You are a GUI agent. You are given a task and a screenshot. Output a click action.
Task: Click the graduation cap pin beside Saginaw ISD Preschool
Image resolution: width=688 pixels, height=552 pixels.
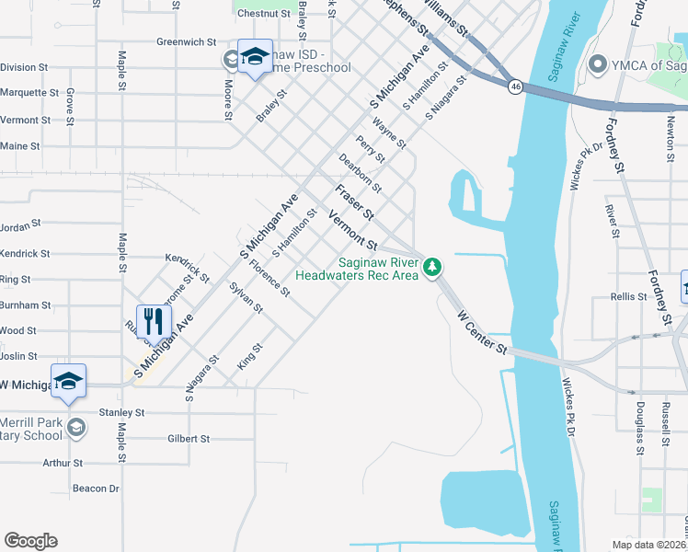254,57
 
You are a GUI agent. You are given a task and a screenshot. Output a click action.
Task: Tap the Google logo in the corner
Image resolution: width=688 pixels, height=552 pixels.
30,541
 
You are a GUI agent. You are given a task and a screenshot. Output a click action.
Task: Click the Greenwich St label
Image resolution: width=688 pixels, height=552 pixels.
186,42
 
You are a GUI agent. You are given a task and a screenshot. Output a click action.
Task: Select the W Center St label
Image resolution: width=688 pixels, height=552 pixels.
482,332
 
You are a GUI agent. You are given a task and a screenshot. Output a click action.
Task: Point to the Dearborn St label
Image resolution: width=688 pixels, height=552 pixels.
360,172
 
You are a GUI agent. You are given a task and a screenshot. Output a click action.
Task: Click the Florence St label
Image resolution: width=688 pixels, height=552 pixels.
269,281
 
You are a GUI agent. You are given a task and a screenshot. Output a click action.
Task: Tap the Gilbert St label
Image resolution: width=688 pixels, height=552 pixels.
190,439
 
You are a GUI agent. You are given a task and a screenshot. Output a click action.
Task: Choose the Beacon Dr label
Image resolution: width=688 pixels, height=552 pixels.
96,489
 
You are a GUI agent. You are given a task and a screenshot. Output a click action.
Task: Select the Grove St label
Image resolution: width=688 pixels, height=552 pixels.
70,100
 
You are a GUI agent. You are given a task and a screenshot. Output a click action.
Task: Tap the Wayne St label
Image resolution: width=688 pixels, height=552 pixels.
389,132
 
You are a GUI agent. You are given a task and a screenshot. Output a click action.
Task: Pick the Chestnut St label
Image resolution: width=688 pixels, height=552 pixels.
263,14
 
